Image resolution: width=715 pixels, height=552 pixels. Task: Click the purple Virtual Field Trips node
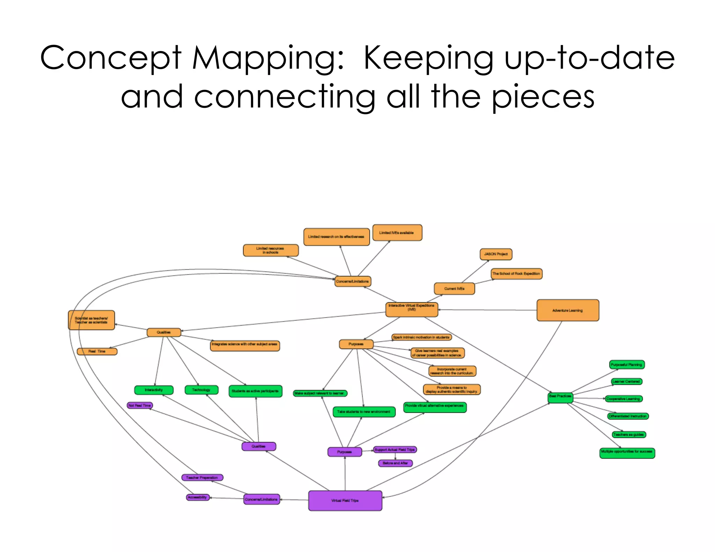[x=345, y=500]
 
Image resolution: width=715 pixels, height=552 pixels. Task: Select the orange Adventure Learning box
[x=568, y=310]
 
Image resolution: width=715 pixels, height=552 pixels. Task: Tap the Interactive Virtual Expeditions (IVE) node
[x=412, y=309]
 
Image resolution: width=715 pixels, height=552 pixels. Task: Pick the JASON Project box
[x=496, y=254]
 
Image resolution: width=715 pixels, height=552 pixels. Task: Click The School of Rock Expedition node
[x=516, y=274]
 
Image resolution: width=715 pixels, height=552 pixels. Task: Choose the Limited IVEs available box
[x=397, y=233]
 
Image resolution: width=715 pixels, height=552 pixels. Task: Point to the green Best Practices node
[x=560, y=397]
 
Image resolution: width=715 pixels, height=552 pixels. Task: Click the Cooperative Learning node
[x=624, y=398]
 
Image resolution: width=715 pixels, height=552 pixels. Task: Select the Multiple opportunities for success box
[x=627, y=453]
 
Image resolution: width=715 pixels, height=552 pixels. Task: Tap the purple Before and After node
[x=395, y=463]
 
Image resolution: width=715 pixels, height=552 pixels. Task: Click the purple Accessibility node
[x=198, y=497]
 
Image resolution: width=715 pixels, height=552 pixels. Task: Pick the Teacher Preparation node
[x=202, y=477]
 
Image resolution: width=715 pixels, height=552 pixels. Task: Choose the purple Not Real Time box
[x=140, y=405]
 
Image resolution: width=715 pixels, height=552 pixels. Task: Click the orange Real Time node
[x=97, y=351]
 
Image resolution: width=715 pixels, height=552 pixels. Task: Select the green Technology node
[x=201, y=390]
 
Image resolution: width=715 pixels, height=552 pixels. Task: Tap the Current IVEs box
[x=454, y=289]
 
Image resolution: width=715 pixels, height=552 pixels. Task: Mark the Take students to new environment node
[x=364, y=412]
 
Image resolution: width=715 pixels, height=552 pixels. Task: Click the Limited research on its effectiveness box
[x=336, y=237]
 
